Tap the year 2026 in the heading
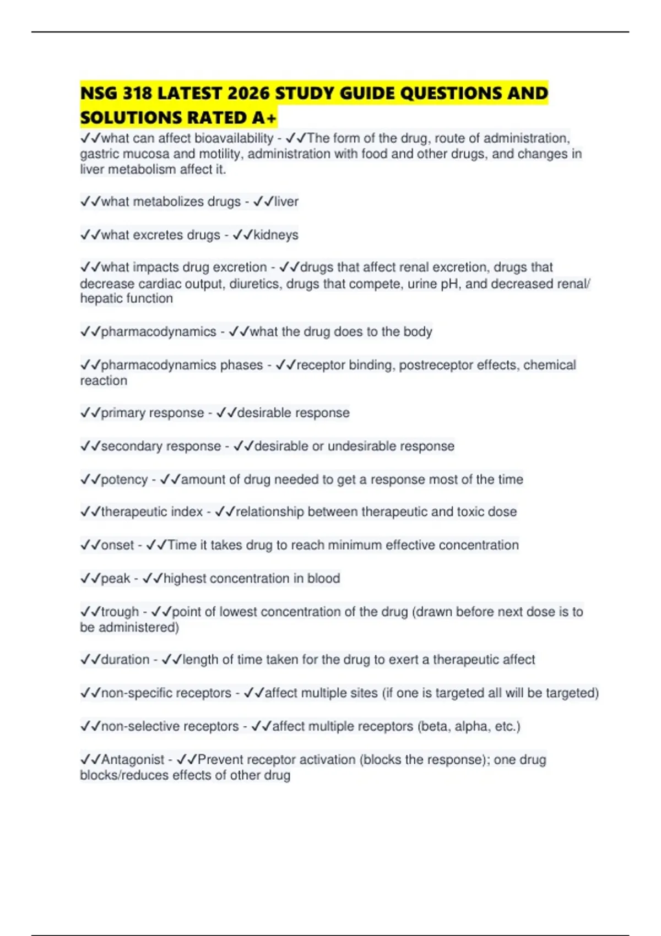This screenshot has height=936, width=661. point(249,94)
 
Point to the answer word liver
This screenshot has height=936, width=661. point(286,202)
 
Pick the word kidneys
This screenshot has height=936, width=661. point(276,235)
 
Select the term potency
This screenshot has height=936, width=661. point(124,480)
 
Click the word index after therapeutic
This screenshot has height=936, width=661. point(187,512)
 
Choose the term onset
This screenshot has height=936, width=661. point(118,545)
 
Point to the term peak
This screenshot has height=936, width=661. point(116,579)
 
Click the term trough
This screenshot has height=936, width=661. point(120,612)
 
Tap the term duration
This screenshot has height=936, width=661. point(125,660)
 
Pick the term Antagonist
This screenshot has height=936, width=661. point(133,760)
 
